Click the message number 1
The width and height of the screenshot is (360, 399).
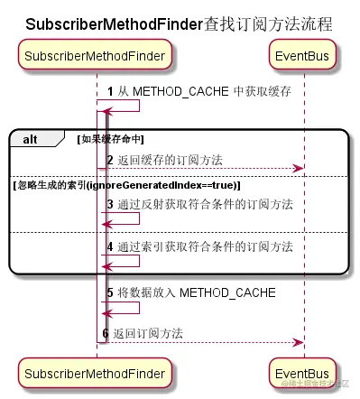(x=110, y=91)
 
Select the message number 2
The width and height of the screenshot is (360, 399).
(x=110, y=160)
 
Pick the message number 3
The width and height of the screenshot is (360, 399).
(x=110, y=204)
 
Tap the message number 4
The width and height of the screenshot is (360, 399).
(x=110, y=246)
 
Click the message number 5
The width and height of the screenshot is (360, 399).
(x=110, y=292)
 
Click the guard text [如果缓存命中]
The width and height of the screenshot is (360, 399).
(x=111, y=138)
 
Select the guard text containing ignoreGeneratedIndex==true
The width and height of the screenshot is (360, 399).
(x=125, y=184)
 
